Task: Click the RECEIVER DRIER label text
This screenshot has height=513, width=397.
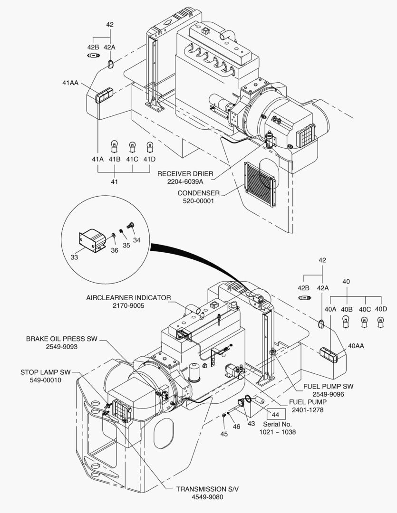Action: click(x=185, y=173)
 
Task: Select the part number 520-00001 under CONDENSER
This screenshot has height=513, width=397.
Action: click(x=198, y=201)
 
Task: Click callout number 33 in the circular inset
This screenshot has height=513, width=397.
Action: click(x=74, y=257)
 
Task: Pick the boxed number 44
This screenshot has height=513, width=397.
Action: click(x=275, y=414)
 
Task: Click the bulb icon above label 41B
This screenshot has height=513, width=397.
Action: click(x=114, y=144)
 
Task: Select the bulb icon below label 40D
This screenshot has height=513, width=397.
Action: click(x=380, y=323)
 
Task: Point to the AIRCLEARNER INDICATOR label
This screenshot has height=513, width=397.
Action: click(x=128, y=298)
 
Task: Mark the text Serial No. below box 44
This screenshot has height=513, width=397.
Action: click(x=277, y=424)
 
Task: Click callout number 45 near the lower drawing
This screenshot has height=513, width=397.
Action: click(x=223, y=433)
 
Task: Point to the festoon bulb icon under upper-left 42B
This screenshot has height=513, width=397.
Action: click(x=92, y=56)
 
